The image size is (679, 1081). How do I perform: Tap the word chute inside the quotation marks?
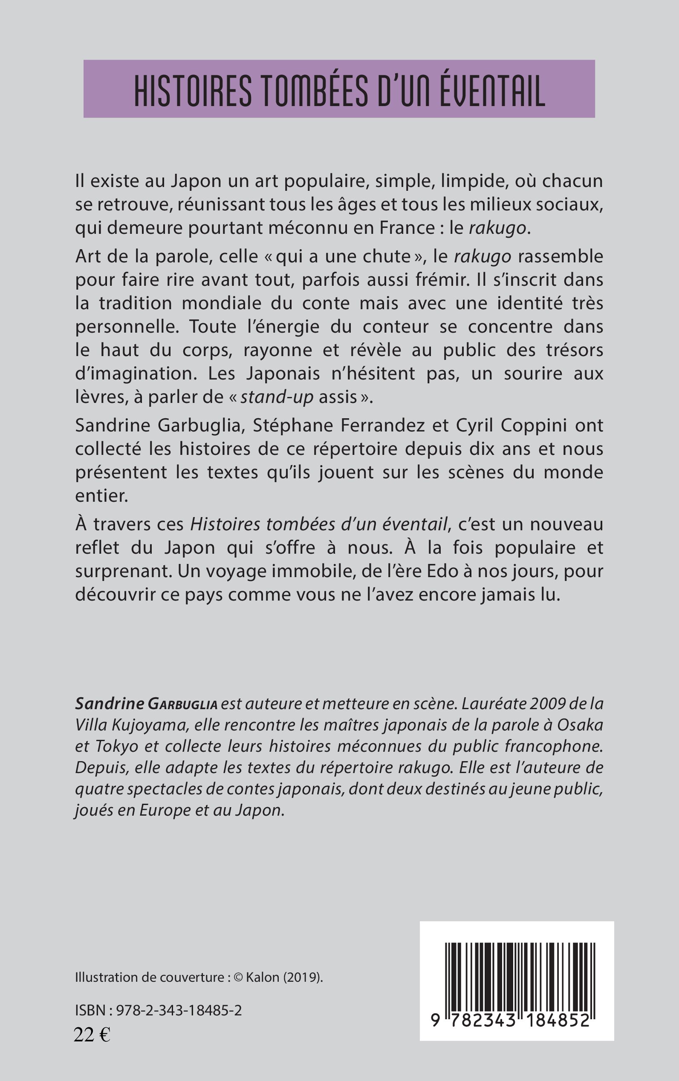click(x=388, y=257)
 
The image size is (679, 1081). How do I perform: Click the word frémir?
click(x=428, y=280)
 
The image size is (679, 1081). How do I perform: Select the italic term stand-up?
click(x=277, y=397)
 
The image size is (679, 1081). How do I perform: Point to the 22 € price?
click(x=92, y=1035)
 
